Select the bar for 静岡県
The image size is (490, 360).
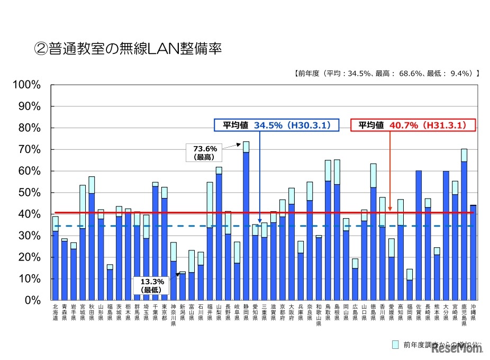point(246,222)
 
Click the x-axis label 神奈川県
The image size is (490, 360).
point(173,314)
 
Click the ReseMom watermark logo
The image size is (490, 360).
point(458,349)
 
